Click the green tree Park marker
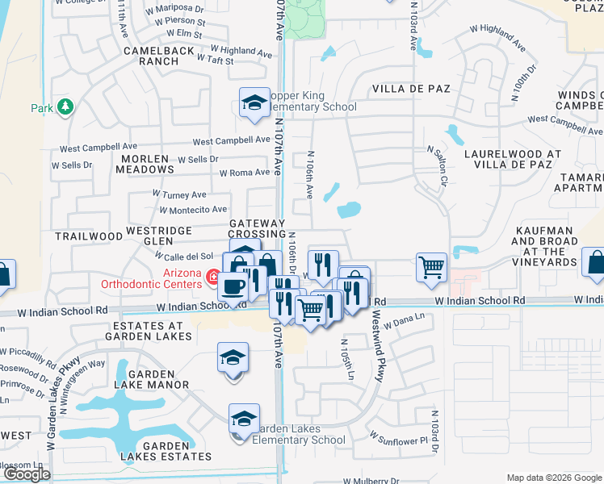coord(65,107)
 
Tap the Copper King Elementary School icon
coord(254,103)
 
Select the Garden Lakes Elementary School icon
coord(243,420)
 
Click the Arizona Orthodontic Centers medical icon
coord(214,279)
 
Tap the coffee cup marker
coord(233,288)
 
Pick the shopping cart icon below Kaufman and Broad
coord(431,266)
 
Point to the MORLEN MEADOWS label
coord(145,164)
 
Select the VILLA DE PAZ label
coord(410,88)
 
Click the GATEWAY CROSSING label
coord(257,228)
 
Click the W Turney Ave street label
coord(179,194)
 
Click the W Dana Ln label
coord(404,323)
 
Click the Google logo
coord(27,474)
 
